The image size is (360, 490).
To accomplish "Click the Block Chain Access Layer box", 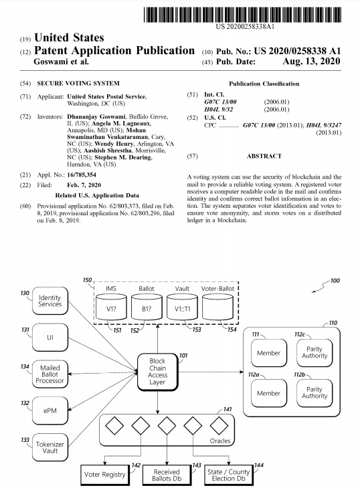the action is tap(158, 372).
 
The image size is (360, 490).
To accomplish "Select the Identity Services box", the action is tap(50, 301).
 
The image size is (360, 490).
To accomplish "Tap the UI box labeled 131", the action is tap(50, 337).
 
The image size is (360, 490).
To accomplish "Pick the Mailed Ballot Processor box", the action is tap(50, 374).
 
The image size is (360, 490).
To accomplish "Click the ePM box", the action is tap(50, 410).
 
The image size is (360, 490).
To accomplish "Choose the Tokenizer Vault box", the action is tap(50, 447).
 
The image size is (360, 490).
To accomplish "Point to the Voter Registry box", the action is tap(105, 475).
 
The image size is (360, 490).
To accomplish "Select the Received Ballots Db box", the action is tap(167, 475).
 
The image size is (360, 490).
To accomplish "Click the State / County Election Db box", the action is tap(229, 475).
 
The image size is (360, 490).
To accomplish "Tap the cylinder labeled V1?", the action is tap(111, 307).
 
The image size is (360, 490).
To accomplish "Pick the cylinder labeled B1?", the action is tap(147, 307).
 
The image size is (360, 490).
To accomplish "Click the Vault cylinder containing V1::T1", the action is tap(182, 307).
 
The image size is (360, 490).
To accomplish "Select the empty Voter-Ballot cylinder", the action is tap(217, 307).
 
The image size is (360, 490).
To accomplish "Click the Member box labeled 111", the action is tap(269, 353).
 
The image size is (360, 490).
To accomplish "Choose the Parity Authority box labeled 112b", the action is tap(314, 393).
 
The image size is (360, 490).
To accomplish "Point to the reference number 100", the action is tap(335, 281).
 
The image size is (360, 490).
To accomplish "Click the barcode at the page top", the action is tap(242, 15).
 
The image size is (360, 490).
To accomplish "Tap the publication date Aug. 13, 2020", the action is tap(311, 61).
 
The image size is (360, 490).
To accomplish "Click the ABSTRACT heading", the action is tap(264, 156).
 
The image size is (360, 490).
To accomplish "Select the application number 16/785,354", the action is tap(82, 174).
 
